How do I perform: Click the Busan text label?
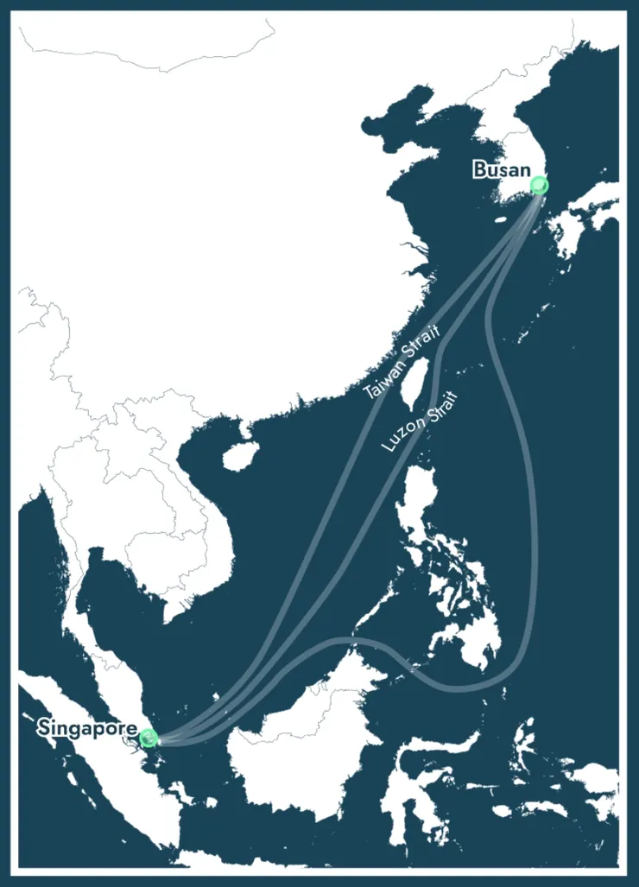click(x=501, y=170)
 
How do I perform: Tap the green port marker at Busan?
click(x=540, y=185)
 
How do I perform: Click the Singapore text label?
click(x=86, y=729)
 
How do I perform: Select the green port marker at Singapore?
click(x=148, y=738)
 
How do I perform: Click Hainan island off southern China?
click(x=237, y=456)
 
